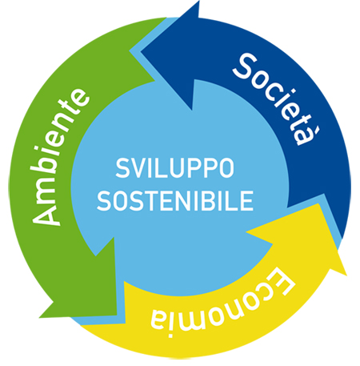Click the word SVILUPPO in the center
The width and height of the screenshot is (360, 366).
click(x=175, y=168)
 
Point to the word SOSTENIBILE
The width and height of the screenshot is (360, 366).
click(x=175, y=200)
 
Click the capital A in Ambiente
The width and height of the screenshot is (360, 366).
click(x=46, y=213)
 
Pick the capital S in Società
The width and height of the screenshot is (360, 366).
click(x=244, y=66)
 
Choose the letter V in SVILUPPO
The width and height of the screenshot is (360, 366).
click(x=139, y=168)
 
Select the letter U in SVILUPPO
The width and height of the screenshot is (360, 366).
click(x=179, y=168)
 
